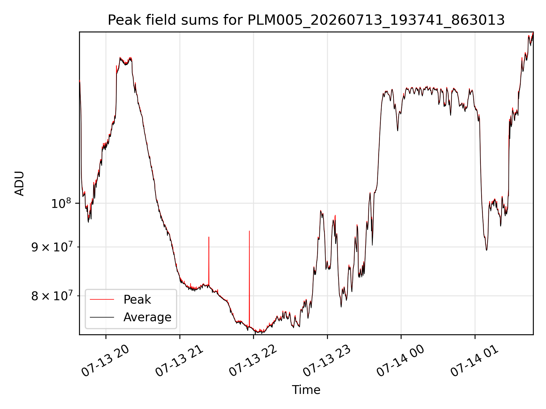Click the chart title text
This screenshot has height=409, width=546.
point(306,20)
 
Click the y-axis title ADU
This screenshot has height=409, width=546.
point(19,183)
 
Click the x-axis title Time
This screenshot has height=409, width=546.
point(306,390)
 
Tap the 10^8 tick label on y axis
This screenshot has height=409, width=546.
point(61,203)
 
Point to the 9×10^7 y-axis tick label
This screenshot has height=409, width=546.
point(51,247)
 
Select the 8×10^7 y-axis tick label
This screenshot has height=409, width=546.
point(51,296)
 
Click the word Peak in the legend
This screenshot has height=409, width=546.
point(137,300)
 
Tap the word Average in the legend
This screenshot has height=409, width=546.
point(147,317)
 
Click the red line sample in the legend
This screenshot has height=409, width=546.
point(102,299)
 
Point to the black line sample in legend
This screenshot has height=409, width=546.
point(102,317)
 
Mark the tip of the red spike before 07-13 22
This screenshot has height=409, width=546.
point(249,231)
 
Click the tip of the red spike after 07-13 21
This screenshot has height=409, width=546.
point(209,237)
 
